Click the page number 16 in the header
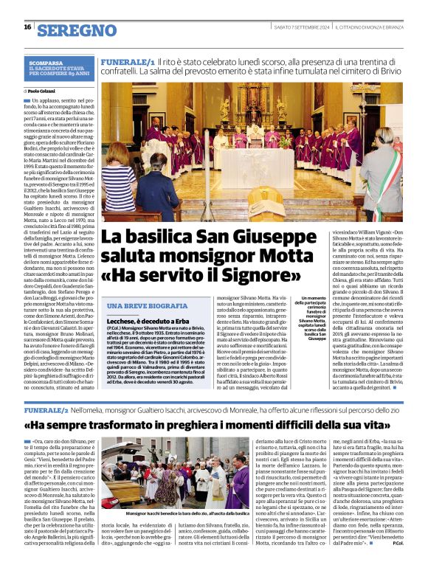pyautogui.click(x=27, y=27)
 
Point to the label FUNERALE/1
pyautogui.click(x=128, y=65)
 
